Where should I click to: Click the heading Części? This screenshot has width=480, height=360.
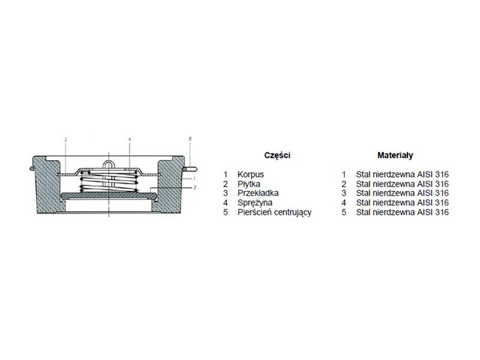[x=277, y=155]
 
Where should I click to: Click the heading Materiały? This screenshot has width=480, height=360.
[x=395, y=155]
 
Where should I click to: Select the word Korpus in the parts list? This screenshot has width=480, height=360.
[x=250, y=175]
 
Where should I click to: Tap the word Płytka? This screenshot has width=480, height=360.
[x=248, y=184]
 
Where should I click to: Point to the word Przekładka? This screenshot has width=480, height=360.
[x=258, y=193]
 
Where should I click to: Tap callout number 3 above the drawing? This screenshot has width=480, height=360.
[x=66, y=140]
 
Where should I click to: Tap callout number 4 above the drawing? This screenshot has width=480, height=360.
[x=130, y=140]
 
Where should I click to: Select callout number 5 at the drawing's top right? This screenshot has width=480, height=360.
[x=190, y=139]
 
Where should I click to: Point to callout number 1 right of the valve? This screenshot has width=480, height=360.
[x=194, y=178]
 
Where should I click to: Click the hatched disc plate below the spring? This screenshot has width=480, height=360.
[x=109, y=195]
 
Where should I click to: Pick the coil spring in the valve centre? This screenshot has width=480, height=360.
[x=109, y=182]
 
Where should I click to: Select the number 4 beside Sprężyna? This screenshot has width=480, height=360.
[x=226, y=203]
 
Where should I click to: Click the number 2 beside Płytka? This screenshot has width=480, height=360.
[x=226, y=184]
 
